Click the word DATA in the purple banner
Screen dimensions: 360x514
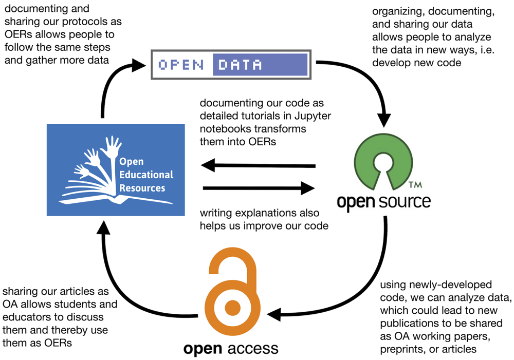pos(240,65)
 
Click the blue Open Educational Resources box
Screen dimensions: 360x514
pos(115,169)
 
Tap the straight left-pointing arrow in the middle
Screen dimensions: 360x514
pos(257,165)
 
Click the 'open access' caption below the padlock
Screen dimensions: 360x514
pos(231,349)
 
